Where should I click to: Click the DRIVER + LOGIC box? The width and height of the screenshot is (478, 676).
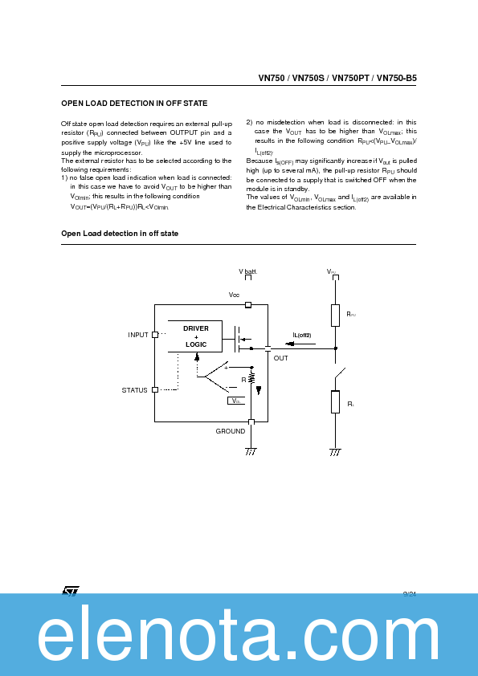pyautogui.click(x=195, y=336)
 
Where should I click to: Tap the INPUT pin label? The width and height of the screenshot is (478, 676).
pyautogui.click(x=138, y=335)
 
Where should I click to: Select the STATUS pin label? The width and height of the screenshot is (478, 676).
pyautogui.click(x=134, y=390)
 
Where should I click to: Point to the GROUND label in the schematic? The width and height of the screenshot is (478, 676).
pyautogui.click(x=231, y=431)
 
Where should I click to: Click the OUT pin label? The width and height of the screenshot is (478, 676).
pyautogui.click(x=280, y=358)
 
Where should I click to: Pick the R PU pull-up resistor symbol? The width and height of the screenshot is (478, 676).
pyautogui.click(x=335, y=314)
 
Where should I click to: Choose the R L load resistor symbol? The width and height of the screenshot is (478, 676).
pyautogui.click(x=335, y=401)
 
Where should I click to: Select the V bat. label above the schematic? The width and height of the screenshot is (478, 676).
pyautogui.click(x=247, y=272)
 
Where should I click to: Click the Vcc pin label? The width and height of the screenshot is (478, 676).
pyautogui.click(x=234, y=295)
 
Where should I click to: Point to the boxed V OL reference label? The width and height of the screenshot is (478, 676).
pyautogui.click(x=235, y=400)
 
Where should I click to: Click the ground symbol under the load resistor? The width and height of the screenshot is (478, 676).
pyautogui.click(x=335, y=452)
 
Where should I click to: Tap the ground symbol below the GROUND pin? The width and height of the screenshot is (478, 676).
pyautogui.click(x=251, y=452)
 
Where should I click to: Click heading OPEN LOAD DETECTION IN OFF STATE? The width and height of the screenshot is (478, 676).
pyautogui.click(x=134, y=104)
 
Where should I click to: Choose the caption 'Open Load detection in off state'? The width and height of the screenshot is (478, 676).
pyautogui.click(x=120, y=234)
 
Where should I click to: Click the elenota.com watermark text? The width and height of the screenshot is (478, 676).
pyautogui.click(x=239, y=638)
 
